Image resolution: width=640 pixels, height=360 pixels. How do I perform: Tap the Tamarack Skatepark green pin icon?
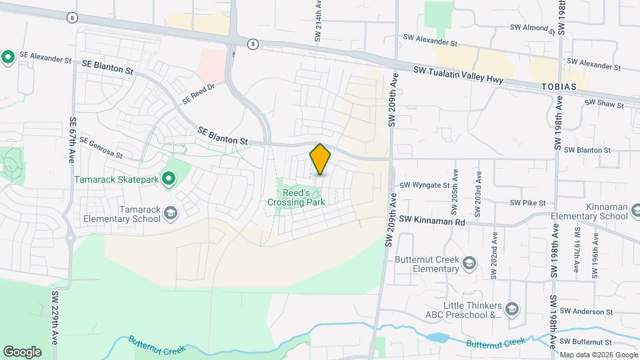coord(169,178)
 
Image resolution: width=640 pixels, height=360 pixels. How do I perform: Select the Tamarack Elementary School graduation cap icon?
coord(171,213)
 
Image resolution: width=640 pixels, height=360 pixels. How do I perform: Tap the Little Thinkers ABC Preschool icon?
coord(511,308)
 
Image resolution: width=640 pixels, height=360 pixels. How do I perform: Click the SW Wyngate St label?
coord(424,185)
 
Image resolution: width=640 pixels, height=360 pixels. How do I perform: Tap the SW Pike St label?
coord(527,203)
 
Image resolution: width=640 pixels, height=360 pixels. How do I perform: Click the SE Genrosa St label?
coord(101,148)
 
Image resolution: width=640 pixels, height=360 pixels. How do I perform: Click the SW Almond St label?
coord(532,28)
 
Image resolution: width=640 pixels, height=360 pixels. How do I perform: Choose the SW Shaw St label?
coord(603,104)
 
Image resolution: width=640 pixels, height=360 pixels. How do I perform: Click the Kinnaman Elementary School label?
coord(589,211)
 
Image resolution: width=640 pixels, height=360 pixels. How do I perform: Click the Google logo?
coord(22,351)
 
